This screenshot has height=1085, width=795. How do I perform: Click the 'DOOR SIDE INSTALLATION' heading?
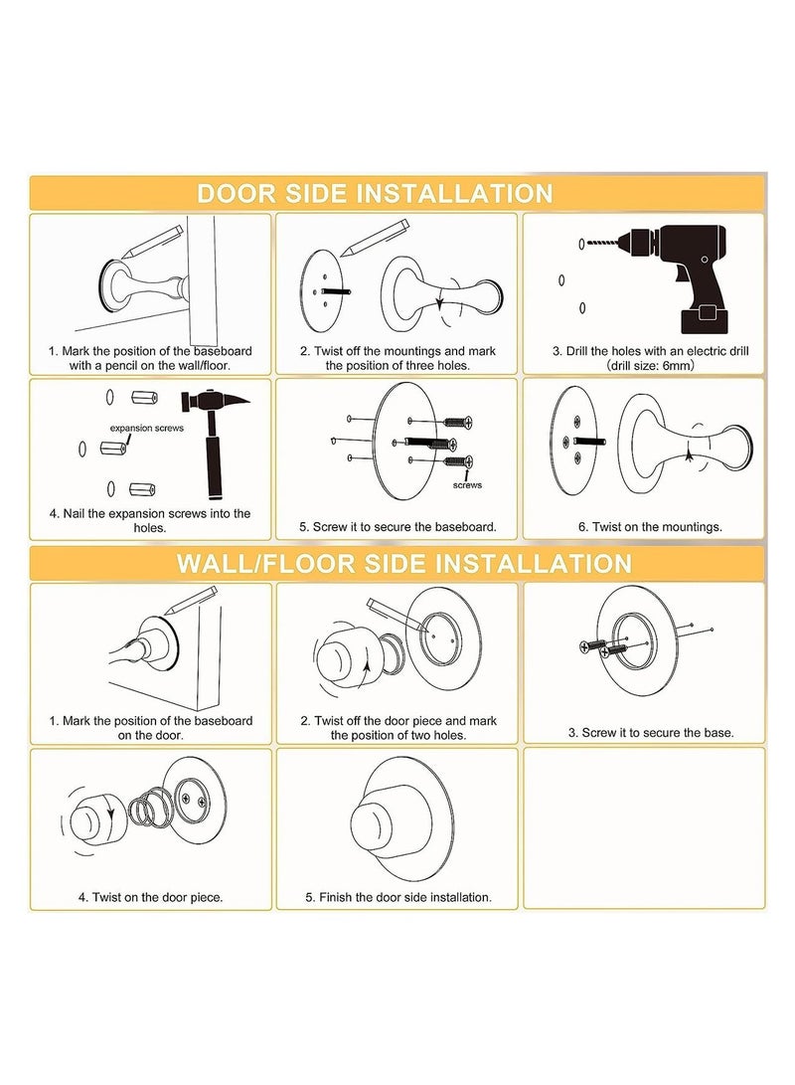375,193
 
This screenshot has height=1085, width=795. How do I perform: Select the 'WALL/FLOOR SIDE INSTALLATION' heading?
404,563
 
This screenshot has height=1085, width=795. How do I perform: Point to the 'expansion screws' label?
146,428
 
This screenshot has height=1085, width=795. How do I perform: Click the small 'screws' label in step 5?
467,485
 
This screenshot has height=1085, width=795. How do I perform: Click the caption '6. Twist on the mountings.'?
650,526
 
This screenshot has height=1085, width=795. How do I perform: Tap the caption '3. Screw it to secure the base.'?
651,732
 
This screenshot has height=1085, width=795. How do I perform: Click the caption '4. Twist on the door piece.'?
150,897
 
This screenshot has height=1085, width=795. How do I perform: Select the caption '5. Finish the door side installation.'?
398,897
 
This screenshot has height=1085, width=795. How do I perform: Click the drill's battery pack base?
706,319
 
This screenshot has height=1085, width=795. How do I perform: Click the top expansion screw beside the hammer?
144,398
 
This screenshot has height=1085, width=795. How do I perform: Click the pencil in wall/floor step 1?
190,600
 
